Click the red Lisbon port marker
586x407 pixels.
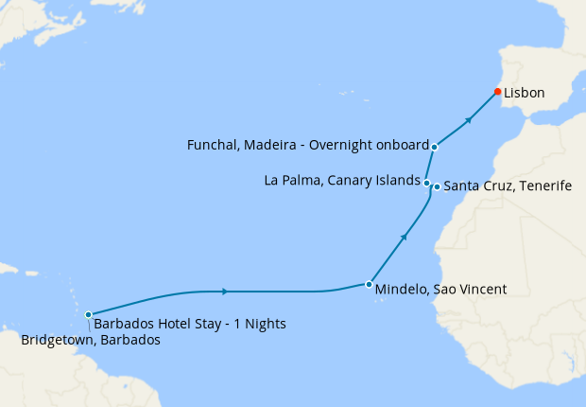pyautogui.click(x=497, y=92)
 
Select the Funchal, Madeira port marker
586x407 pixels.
pyautogui.click(x=434, y=147)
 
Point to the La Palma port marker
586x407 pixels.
pyautogui.click(x=427, y=183)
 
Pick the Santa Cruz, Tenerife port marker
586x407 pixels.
pyautogui.click(x=436, y=186)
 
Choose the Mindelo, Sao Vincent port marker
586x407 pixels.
pyautogui.click(x=368, y=284)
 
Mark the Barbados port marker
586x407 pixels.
pyautogui.click(x=88, y=314)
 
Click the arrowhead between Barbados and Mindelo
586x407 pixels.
pyautogui.click(x=224, y=291)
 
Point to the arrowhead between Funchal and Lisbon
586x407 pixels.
pyautogui.click(x=469, y=120)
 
